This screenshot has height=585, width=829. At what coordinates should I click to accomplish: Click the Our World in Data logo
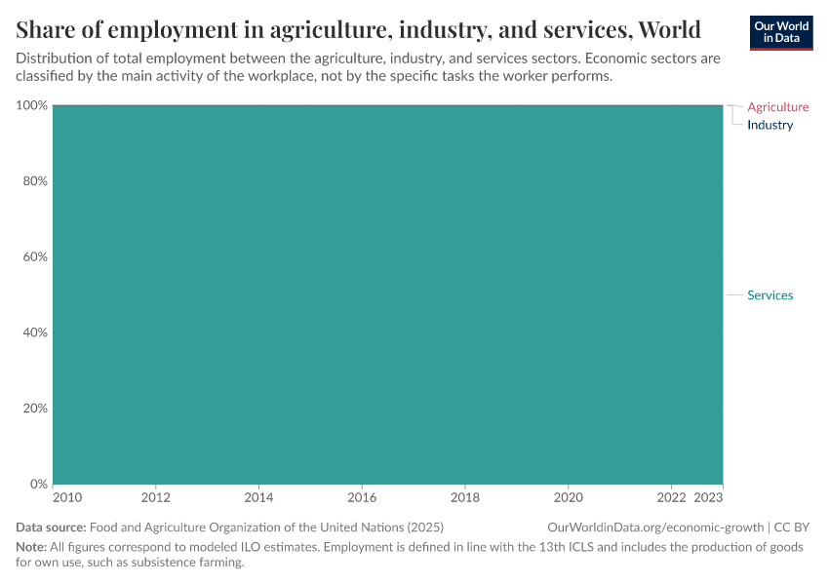pyautogui.click(x=780, y=32)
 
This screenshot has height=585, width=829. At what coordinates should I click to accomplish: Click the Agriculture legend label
pyautogui.click(x=777, y=107)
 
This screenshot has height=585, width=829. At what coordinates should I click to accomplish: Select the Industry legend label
pyautogui.click(x=770, y=125)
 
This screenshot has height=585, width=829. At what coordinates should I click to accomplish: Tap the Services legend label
pyautogui.click(x=770, y=295)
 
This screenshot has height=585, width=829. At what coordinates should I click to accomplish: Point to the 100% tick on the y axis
pyautogui.click(x=32, y=105)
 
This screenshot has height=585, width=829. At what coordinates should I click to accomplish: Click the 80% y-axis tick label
pyautogui.click(x=35, y=181)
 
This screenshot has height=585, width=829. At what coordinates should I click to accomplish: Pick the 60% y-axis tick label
pyautogui.click(x=35, y=257)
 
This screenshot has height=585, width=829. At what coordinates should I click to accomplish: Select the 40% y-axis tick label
pyautogui.click(x=35, y=332)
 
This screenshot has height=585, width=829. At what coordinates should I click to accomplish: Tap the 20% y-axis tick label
pyautogui.click(x=35, y=409)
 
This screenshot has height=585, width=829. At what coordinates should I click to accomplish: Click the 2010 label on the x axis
pyautogui.click(x=67, y=497)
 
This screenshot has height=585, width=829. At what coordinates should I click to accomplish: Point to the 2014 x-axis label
pyautogui.click(x=258, y=497)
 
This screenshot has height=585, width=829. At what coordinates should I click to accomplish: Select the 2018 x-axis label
pyautogui.click(x=465, y=497)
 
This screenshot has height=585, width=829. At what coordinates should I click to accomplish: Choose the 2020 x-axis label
pyautogui.click(x=569, y=497)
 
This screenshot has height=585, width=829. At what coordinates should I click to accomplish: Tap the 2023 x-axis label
pyautogui.click(x=708, y=497)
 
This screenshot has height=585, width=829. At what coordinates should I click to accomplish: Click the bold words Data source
pyautogui.click(x=51, y=527)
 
